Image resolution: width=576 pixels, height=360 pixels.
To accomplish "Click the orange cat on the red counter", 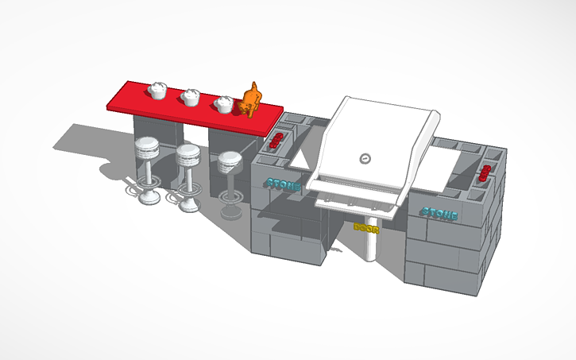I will [x=250, y=101].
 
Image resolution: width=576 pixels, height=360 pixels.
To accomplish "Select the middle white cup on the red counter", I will [x=190, y=97].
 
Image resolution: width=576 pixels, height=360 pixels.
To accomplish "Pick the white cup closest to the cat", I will [x=224, y=103].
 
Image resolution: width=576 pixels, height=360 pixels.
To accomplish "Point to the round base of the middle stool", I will [x=189, y=207].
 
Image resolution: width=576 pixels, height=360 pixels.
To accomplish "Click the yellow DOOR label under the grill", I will [x=366, y=227].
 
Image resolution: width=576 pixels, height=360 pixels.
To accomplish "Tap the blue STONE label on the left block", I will [x=284, y=184].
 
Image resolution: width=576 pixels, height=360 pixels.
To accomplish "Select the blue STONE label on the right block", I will [x=439, y=213].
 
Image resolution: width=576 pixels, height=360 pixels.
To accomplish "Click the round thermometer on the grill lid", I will [x=365, y=157].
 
